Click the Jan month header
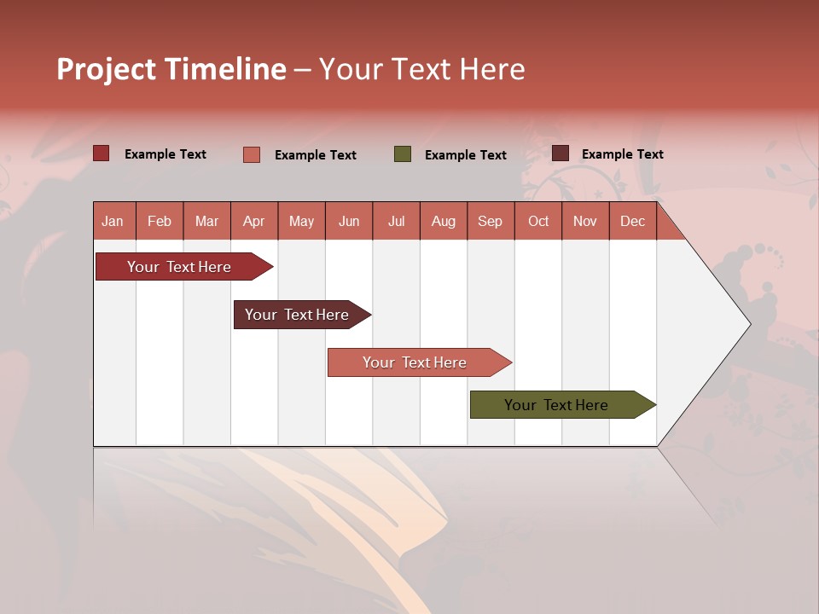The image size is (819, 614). [x=113, y=221]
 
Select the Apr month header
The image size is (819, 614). [x=254, y=221]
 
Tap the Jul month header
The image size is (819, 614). [x=396, y=221]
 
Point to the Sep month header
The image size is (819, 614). [x=490, y=221]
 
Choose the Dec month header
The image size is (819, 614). [x=632, y=221]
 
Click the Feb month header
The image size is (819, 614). [x=160, y=221]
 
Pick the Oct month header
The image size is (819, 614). [x=538, y=221]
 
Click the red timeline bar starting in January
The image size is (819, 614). [x=179, y=267]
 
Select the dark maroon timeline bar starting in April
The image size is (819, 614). [x=297, y=315]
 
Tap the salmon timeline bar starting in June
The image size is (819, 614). [x=415, y=362]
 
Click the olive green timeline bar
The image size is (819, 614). [x=556, y=405]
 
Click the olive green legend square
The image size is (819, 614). [x=403, y=154]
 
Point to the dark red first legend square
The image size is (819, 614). [x=102, y=153]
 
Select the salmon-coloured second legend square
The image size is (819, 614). [x=252, y=154]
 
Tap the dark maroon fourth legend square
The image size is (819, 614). [x=561, y=153]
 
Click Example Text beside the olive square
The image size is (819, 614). [x=465, y=155]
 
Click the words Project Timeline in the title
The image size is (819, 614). [x=171, y=69]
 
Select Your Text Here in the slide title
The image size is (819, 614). [x=421, y=69]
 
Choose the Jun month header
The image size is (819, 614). [x=349, y=221]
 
